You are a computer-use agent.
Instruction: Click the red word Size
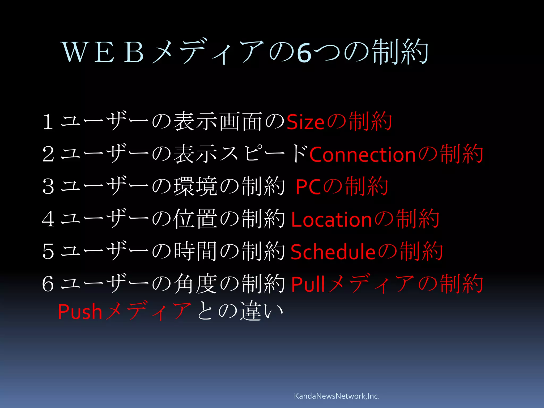point(305,123)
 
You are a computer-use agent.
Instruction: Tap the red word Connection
point(362,155)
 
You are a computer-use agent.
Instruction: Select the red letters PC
point(308,187)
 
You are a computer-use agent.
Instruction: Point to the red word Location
point(331,220)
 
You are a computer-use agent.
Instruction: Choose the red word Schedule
point(333,252)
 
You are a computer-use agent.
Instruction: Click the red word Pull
point(308,284)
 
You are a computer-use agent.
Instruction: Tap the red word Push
point(80,312)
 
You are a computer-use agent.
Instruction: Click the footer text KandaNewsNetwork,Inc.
point(337,396)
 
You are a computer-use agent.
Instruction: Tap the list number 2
point(48,154)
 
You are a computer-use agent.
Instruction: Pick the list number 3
point(48,187)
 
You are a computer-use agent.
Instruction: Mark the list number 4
point(48,219)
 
